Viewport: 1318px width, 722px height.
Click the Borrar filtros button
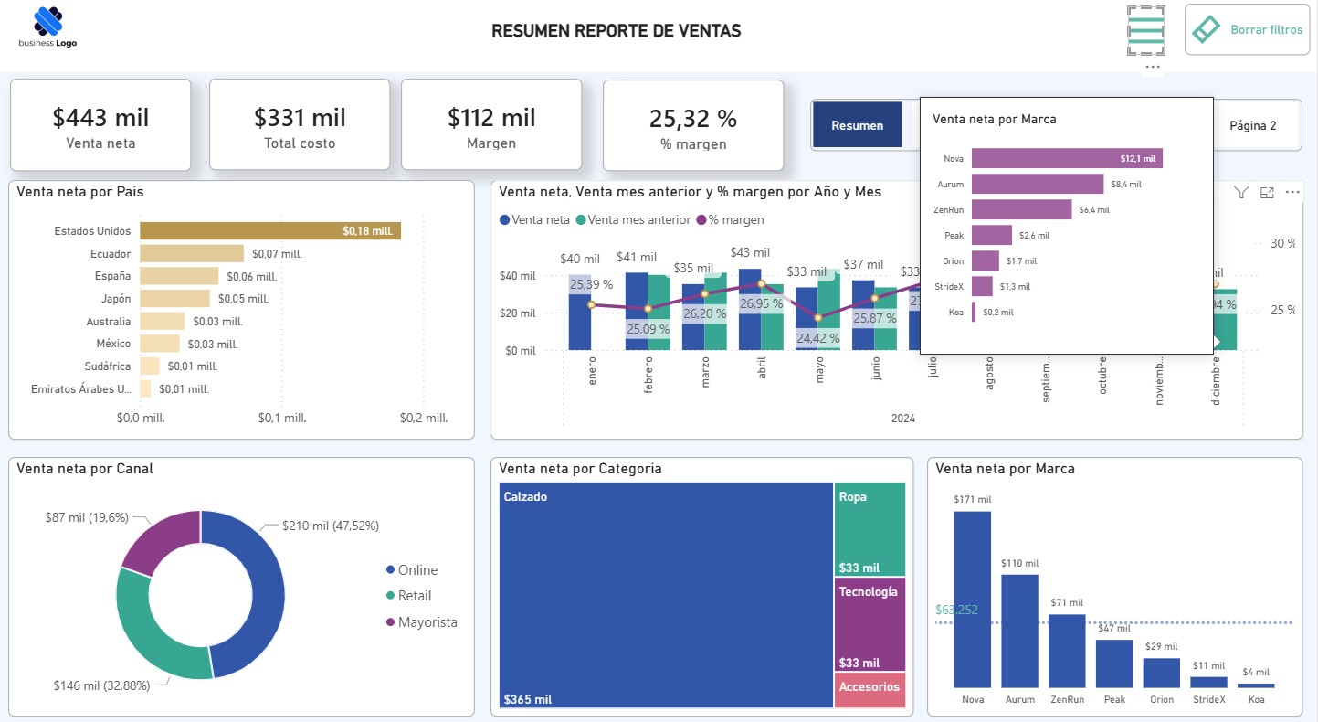click(1247, 29)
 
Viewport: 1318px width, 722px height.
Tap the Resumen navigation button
click(857, 125)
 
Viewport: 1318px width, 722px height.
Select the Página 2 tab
click(1252, 125)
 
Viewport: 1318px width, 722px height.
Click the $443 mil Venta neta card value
click(100, 118)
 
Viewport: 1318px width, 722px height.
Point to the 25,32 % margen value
click(692, 119)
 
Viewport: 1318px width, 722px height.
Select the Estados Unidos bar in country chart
click(270, 231)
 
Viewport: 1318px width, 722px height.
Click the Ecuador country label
click(111, 254)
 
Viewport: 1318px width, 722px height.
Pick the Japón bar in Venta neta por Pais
click(174, 299)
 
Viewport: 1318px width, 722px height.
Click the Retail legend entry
click(414, 596)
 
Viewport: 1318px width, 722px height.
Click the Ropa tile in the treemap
click(870, 528)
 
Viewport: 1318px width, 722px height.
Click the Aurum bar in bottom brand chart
click(1019, 631)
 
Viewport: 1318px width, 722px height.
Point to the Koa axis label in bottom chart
click(1256, 700)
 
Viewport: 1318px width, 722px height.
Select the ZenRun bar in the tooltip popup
click(1021, 209)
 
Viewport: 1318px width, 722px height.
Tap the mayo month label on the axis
click(818, 375)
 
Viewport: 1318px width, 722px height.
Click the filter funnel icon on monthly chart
click(1240, 192)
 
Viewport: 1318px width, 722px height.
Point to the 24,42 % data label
click(817, 338)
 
